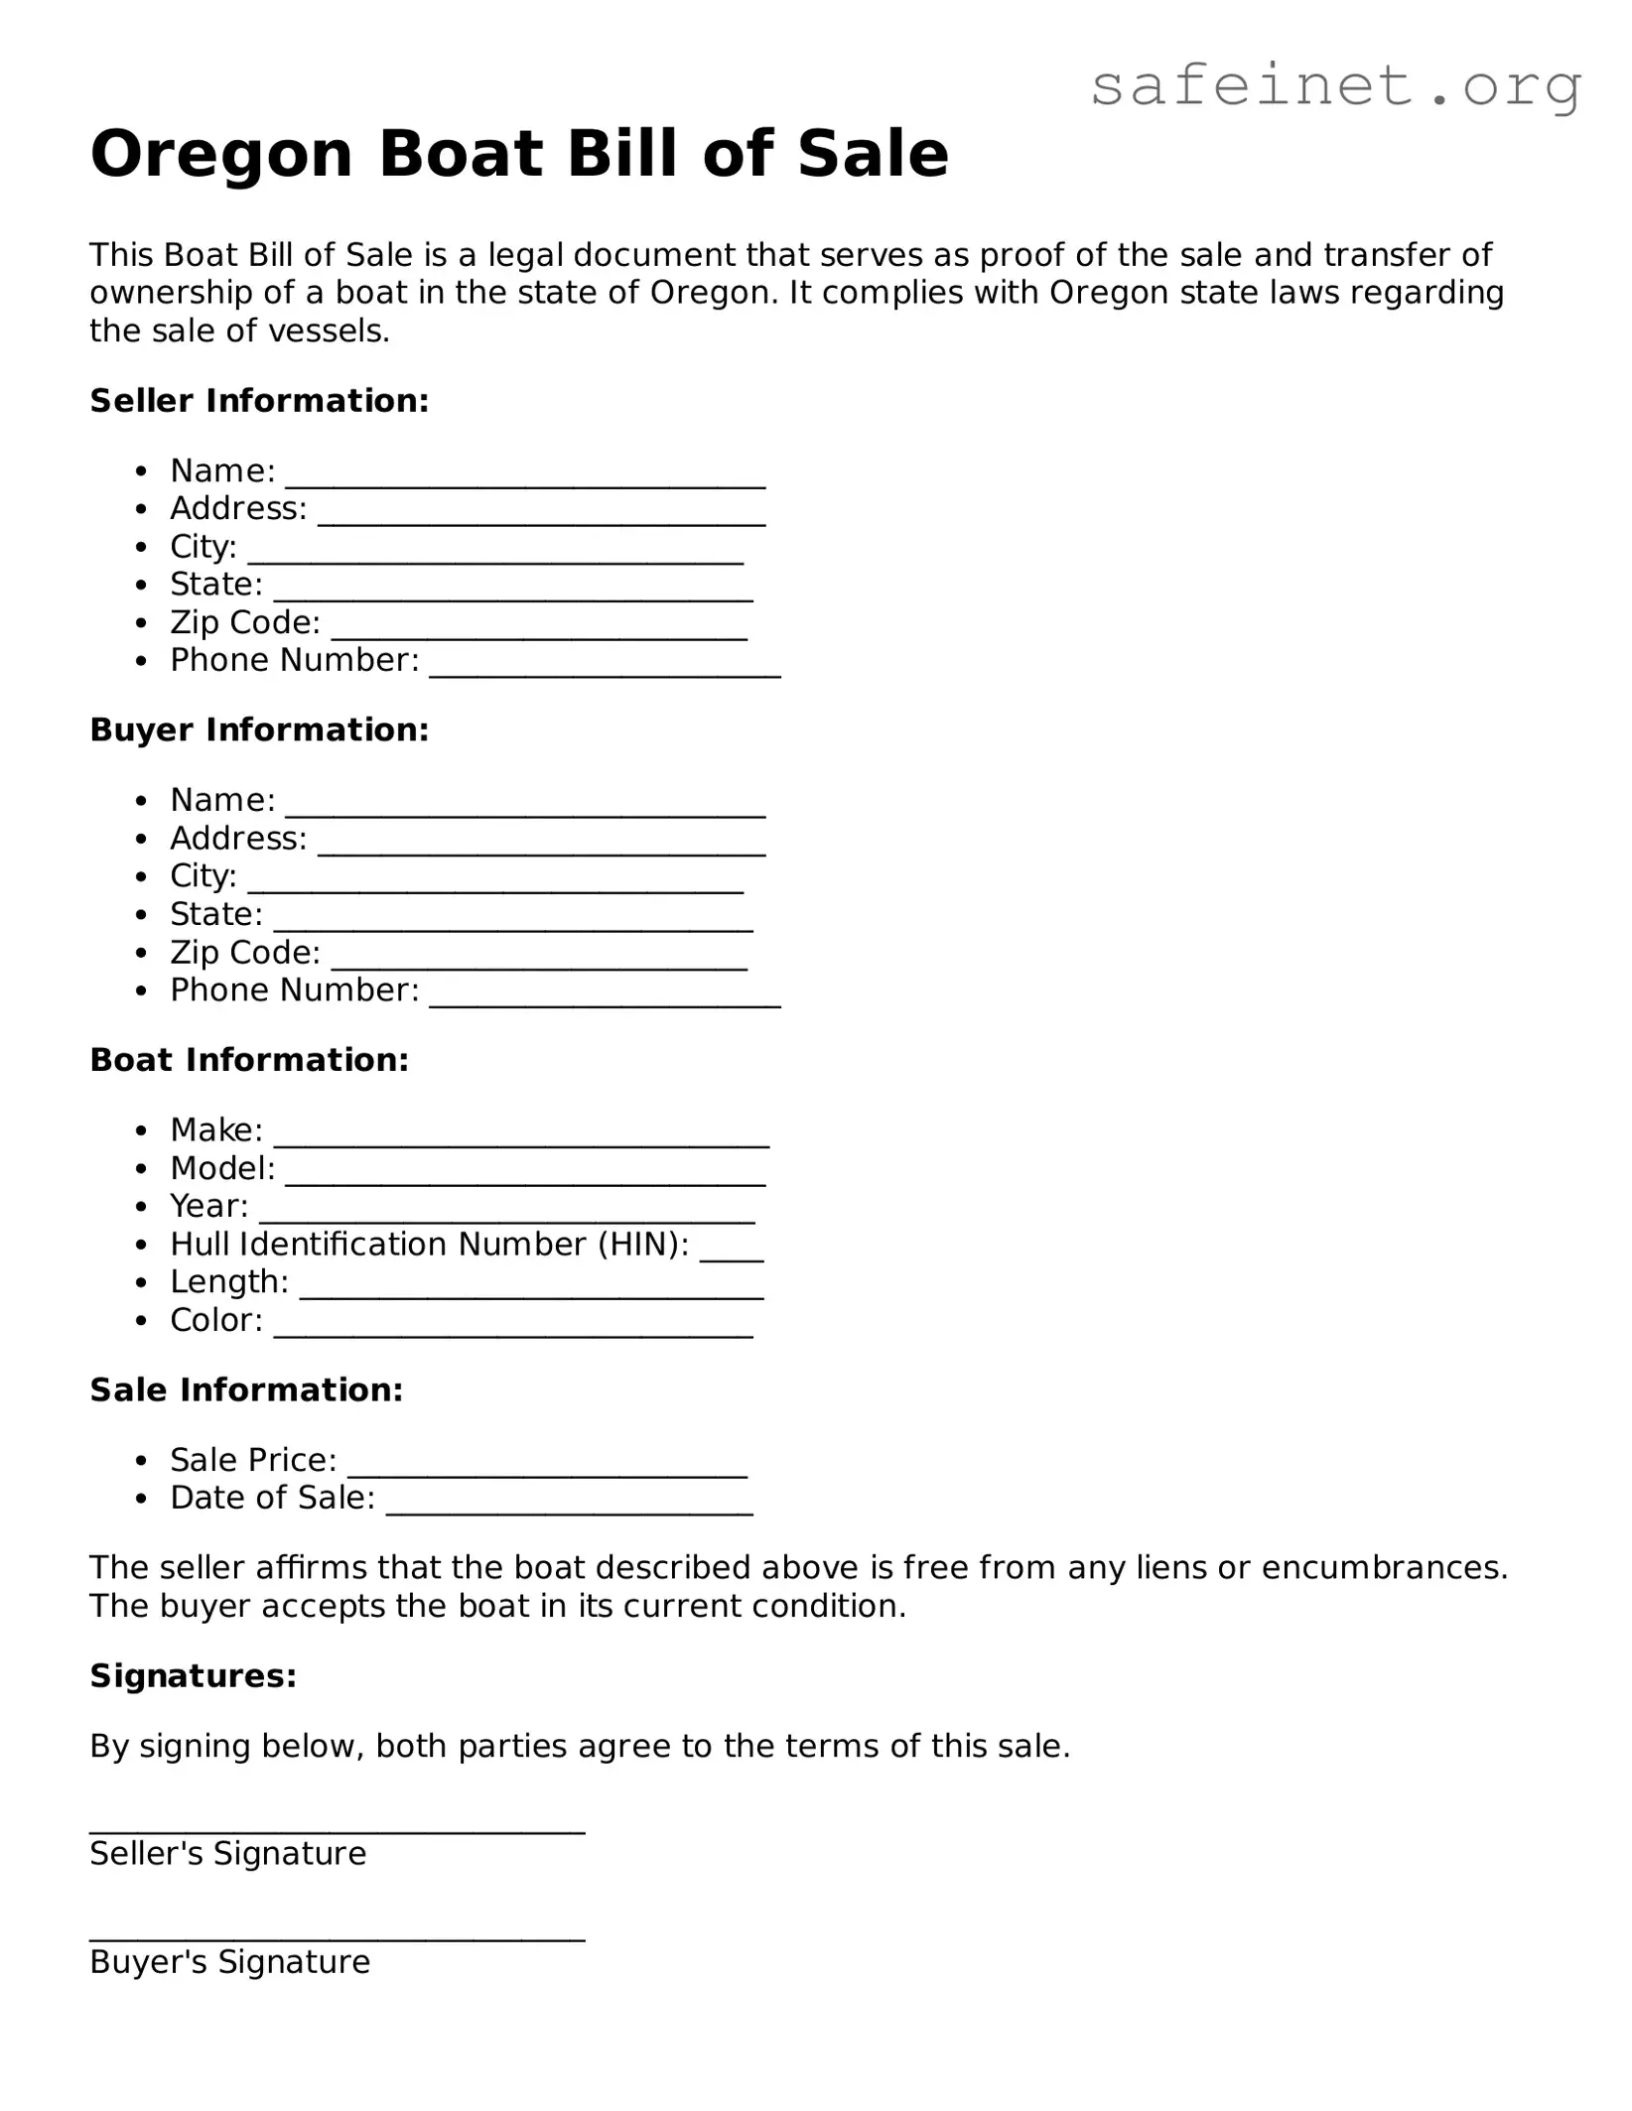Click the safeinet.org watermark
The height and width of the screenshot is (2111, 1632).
tap(1335, 87)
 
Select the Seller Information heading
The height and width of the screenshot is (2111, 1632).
tap(259, 401)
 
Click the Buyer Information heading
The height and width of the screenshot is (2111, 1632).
tap(259, 730)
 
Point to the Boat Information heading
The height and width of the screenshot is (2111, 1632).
tap(249, 1060)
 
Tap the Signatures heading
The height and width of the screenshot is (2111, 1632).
tap(194, 1676)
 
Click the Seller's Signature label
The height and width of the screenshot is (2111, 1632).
tap(227, 1854)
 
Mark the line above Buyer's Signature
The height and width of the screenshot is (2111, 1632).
tap(337, 1938)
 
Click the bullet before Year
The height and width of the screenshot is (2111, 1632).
tap(144, 1207)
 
